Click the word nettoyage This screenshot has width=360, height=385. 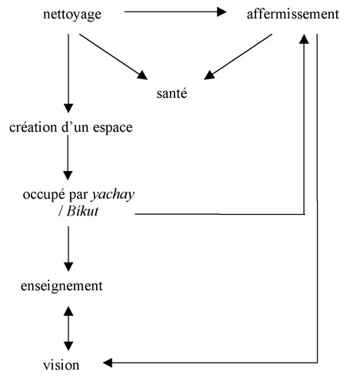point(72,15)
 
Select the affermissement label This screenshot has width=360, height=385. point(293,14)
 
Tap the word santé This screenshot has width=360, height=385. point(172,93)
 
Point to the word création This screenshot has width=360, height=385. point(33,127)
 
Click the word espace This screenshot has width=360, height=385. point(112,128)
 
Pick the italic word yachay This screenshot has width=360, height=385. point(113,195)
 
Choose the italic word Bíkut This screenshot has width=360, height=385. point(82,212)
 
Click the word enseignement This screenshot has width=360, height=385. point(62,286)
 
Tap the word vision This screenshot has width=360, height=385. point(61,365)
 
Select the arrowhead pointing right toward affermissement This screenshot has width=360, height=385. point(222,12)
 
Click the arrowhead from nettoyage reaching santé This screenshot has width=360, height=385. point(142,75)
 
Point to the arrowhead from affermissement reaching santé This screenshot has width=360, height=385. point(209,75)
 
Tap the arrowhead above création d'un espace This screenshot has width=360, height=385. point(68,108)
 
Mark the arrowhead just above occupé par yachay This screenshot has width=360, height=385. point(68,176)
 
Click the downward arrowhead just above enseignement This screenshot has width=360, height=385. point(68,266)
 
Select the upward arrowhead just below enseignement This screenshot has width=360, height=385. point(68,311)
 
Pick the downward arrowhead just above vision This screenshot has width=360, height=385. point(68,346)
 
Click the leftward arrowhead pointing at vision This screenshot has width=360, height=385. point(108,363)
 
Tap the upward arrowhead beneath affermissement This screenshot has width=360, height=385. point(304,38)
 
